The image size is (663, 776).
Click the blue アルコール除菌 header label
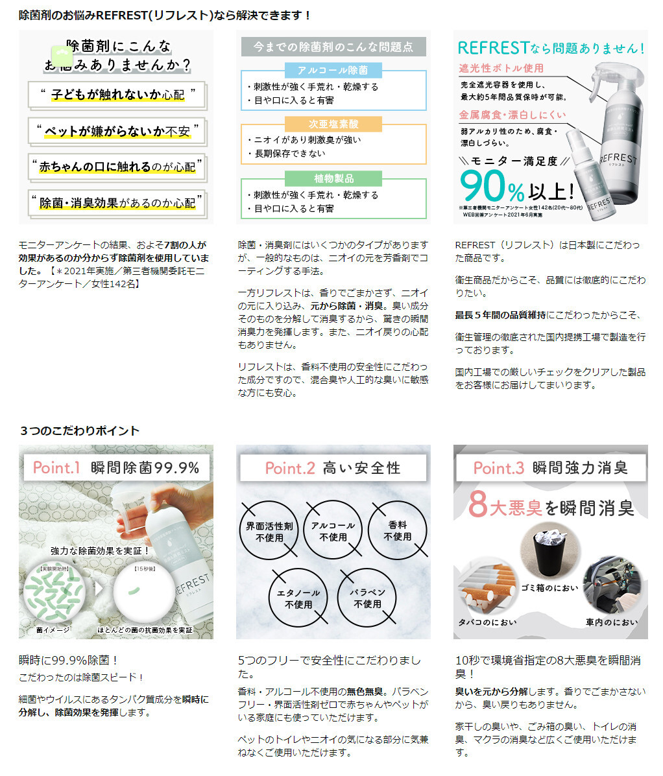coord(333,70)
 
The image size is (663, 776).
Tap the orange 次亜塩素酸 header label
coord(333,124)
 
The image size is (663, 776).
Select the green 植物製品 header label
coord(333,178)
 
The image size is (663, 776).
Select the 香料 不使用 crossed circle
coord(397,531)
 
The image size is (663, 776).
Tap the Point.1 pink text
coord(56,467)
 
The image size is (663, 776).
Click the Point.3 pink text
coord(498,468)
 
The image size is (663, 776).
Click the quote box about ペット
coord(117,132)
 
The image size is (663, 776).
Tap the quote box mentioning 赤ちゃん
coord(117,167)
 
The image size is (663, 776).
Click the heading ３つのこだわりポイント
coord(79,430)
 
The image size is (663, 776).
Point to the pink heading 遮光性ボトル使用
coord(501,68)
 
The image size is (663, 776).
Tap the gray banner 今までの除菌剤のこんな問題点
coord(333,47)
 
